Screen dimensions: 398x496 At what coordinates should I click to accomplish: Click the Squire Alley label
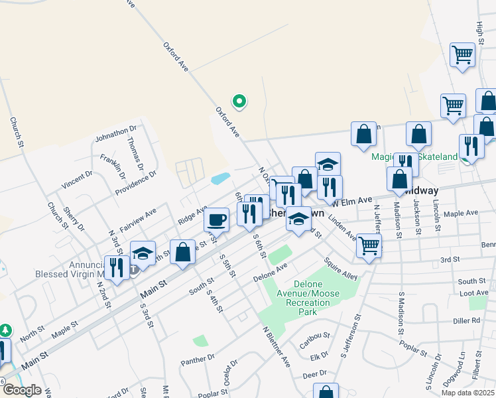[341, 268]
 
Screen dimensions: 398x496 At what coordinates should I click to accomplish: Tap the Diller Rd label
[466, 320]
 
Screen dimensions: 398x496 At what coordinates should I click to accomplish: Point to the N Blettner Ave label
[276, 346]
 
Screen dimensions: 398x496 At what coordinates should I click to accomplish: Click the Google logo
[22, 390]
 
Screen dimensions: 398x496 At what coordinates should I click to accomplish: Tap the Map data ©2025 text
[467, 393]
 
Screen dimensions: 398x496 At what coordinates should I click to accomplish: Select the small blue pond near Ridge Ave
[221, 178]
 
